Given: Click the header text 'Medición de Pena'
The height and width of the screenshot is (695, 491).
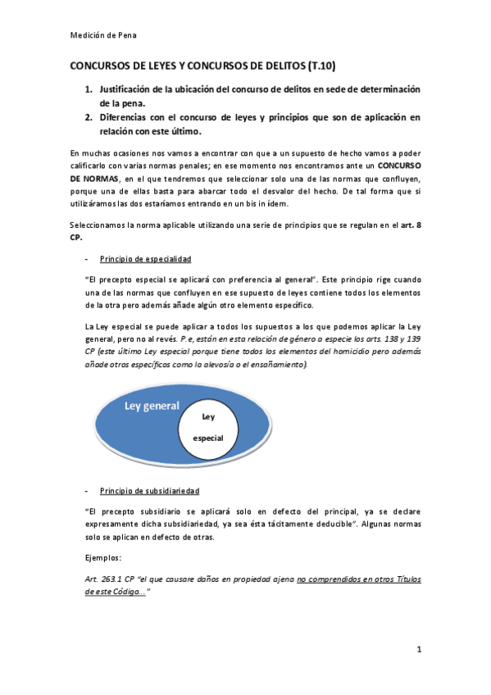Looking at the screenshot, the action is tap(102, 34).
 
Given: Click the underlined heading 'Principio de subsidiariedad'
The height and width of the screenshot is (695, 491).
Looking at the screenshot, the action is tap(149, 490).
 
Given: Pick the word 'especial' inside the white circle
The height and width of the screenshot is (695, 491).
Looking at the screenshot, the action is tap(208, 438).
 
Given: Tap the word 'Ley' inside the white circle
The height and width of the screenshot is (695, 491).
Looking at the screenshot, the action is tap(208, 416).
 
